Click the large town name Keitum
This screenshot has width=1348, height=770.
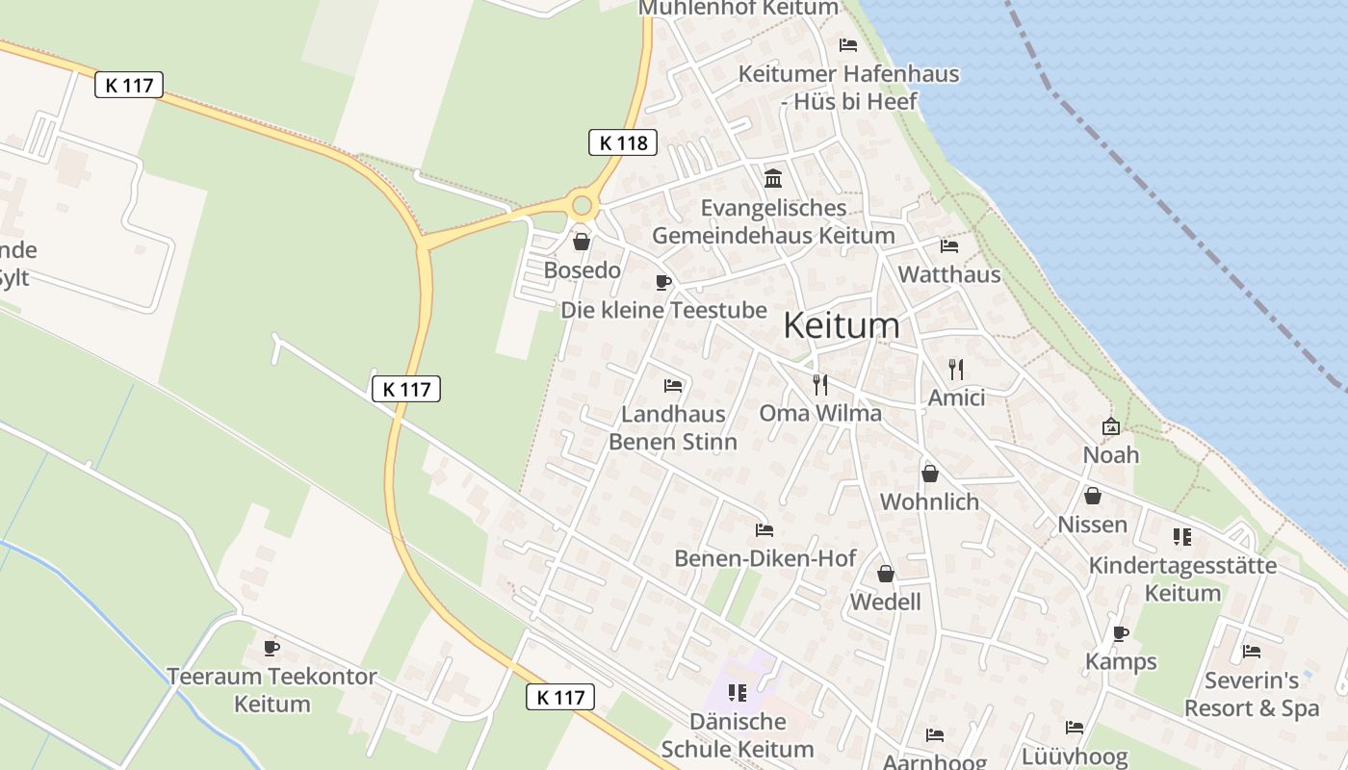(842, 325)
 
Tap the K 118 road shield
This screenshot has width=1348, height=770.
(623, 143)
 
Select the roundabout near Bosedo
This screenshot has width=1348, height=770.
(582, 205)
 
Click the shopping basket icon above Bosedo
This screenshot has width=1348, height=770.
(581, 242)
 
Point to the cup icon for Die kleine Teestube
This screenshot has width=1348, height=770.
(662, 282)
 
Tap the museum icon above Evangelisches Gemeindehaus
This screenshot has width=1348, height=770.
(772, 178)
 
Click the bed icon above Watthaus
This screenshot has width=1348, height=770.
(949, 246)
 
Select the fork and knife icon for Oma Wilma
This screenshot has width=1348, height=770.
(820, 385)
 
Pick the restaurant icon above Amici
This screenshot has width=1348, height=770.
(955, 369)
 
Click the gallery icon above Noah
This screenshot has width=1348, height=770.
(1110, 425)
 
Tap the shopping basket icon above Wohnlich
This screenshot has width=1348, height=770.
(930, 474)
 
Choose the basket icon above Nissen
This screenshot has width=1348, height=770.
(1092, 496)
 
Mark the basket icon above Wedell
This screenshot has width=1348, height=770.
(886, 574)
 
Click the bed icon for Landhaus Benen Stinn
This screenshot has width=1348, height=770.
(673, 386)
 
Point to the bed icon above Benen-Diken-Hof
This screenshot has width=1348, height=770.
(765, 529)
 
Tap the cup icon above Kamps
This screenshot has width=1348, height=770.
(1120, 633)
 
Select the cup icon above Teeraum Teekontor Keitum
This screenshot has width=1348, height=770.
(272, 648)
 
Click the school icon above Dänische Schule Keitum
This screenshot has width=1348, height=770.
(738, 692)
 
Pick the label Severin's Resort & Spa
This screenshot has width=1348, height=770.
(1251, 694)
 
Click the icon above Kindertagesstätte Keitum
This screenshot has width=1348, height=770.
(1182, 536)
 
